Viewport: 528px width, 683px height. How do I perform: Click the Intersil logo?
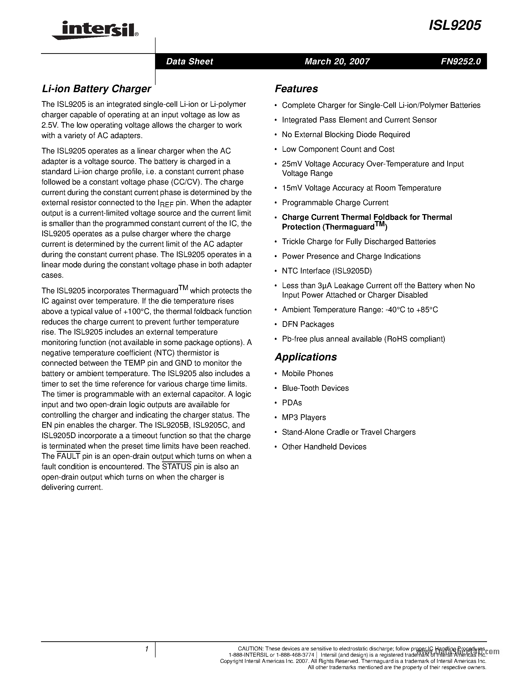(x=95, y=30)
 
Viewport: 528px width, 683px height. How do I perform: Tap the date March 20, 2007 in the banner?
(x=337, y=61)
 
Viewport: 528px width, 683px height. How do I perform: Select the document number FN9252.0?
(x=460, y=61)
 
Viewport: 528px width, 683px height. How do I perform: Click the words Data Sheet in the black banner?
(x=189, y=61)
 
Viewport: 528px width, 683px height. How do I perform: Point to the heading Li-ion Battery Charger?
(x=96, y=89)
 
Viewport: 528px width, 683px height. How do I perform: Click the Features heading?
(x=296, y=89)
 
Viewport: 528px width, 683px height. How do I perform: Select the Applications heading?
(x=306, y=357)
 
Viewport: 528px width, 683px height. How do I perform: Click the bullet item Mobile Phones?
(x=307, y=373)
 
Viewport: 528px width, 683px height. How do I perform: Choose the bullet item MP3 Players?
(x=303, y=417)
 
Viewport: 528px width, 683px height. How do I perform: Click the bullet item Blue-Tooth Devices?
(x=315, y=388)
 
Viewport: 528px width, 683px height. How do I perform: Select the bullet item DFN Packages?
(x=308, y=324)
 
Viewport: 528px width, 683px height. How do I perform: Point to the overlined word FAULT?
(x=69, y=456)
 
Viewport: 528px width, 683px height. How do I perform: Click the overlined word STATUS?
(x=177, y=467)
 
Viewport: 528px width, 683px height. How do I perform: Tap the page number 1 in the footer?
(x=146, y=649)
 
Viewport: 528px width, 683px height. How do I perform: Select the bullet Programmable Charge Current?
(x=335, y=203)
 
